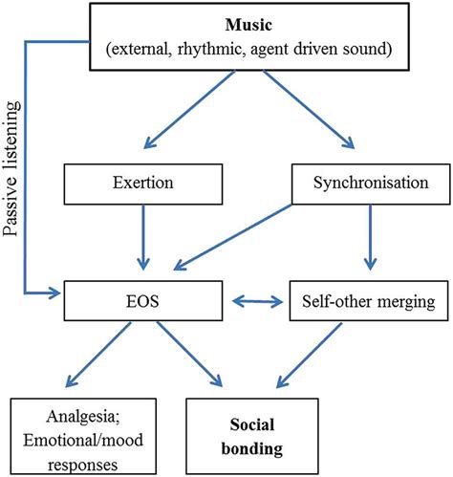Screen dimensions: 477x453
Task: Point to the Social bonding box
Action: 261,433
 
